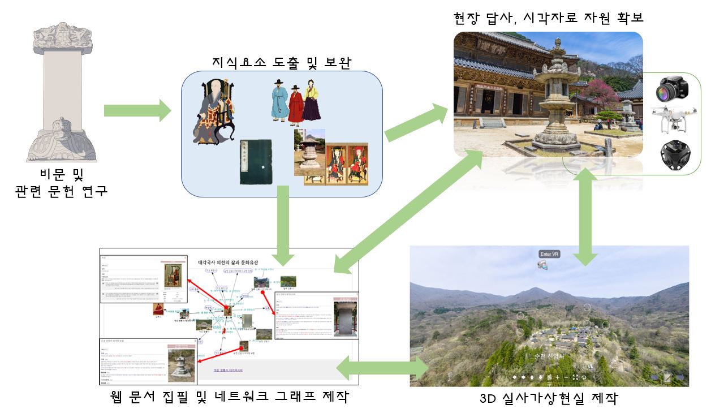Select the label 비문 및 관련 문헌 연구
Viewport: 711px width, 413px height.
61,184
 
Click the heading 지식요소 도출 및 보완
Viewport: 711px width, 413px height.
281,62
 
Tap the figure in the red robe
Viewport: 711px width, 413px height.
296,105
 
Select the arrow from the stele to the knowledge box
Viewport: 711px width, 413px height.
137,110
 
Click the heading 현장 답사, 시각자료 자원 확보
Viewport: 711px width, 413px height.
549,18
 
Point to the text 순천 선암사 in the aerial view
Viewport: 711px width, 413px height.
549,356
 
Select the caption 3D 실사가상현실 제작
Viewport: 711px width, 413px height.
548,399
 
